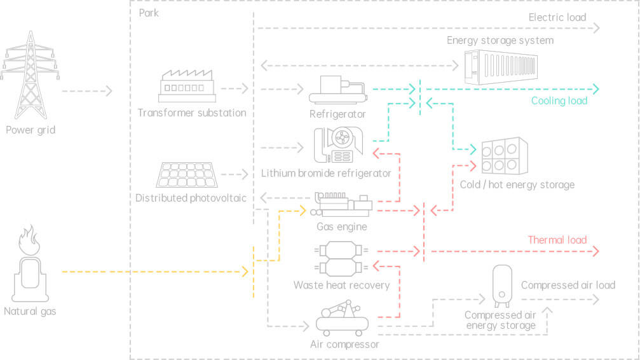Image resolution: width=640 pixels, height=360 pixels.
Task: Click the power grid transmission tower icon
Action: (30, 75)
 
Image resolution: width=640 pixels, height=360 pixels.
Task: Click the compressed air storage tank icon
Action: (502, 284)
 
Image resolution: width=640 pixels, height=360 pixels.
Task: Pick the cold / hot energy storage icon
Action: (505, 156)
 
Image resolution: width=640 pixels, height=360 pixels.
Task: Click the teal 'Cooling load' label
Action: (559, 100)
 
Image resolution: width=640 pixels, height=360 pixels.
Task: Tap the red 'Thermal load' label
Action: (557, 240)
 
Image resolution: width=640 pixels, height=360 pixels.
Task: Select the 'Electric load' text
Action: (557, 17)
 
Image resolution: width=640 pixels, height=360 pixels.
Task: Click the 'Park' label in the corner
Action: (148, 13)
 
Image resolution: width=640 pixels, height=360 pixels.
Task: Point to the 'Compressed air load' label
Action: (568, 285)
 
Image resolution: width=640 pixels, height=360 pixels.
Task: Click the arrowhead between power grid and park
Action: (109, 91)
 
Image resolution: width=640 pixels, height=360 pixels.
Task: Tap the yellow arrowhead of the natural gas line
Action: (245, 272)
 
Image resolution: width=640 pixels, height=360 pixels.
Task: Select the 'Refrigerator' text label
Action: (337, 114)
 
